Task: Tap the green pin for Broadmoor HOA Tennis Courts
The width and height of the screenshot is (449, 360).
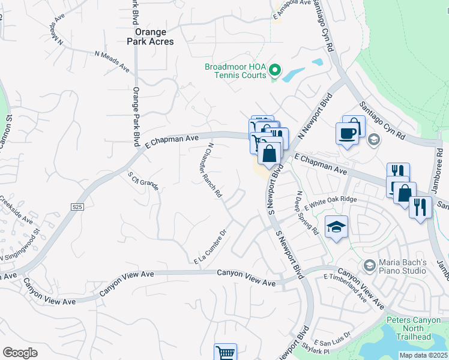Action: pyautogui.click(x=274, y=71)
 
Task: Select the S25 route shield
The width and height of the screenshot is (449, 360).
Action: pyautogui.click(x=76, y=206)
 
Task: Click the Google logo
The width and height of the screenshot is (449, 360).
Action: pyautogui.click(x=20, y=353)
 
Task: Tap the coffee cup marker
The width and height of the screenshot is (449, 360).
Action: pyautogui.click(x=348, y=133)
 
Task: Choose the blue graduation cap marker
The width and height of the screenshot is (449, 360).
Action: pyautogui.click(x=336, y=227)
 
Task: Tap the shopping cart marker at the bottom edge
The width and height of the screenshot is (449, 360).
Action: pyautogui.click(x=225, y=353)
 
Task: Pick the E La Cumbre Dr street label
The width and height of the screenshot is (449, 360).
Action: pyautogui.click(x=209, y=247)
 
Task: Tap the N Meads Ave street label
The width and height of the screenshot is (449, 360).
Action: pyautogui.click(x=112, y=61)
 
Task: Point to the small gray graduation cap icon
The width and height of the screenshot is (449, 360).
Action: pyautogui.click(x=374, y=140)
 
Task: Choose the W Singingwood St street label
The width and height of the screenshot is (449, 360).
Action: pyautogui.click(x=20, y=246)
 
